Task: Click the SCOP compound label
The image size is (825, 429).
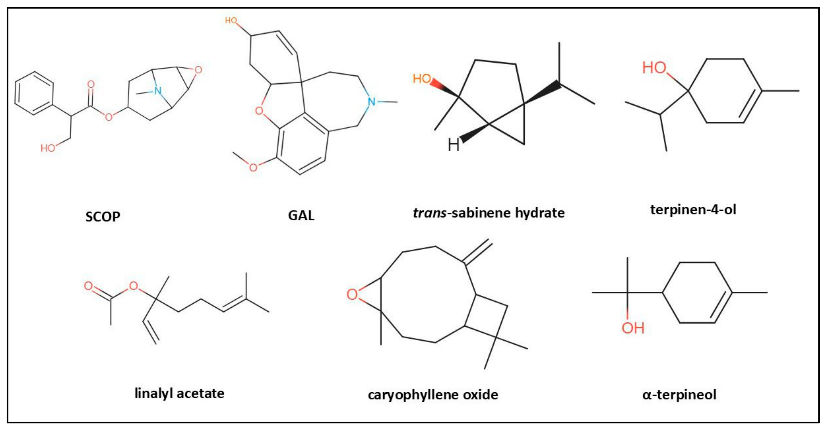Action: (102, 217)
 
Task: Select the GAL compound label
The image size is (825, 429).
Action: (301, 215)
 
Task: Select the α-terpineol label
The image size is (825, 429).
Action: (679, 394)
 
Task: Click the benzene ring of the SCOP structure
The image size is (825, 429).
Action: (34, 93)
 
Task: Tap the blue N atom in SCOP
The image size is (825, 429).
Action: (157, 91)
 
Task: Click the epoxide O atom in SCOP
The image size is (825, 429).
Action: (198, 70)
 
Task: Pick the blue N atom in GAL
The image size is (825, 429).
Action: (371, 102)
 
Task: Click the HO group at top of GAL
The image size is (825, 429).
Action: (231, 21)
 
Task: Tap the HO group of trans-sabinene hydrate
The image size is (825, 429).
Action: (421, 78)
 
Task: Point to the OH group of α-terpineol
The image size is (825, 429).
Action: (633, 328)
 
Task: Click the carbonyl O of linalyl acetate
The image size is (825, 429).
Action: (88, 286)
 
